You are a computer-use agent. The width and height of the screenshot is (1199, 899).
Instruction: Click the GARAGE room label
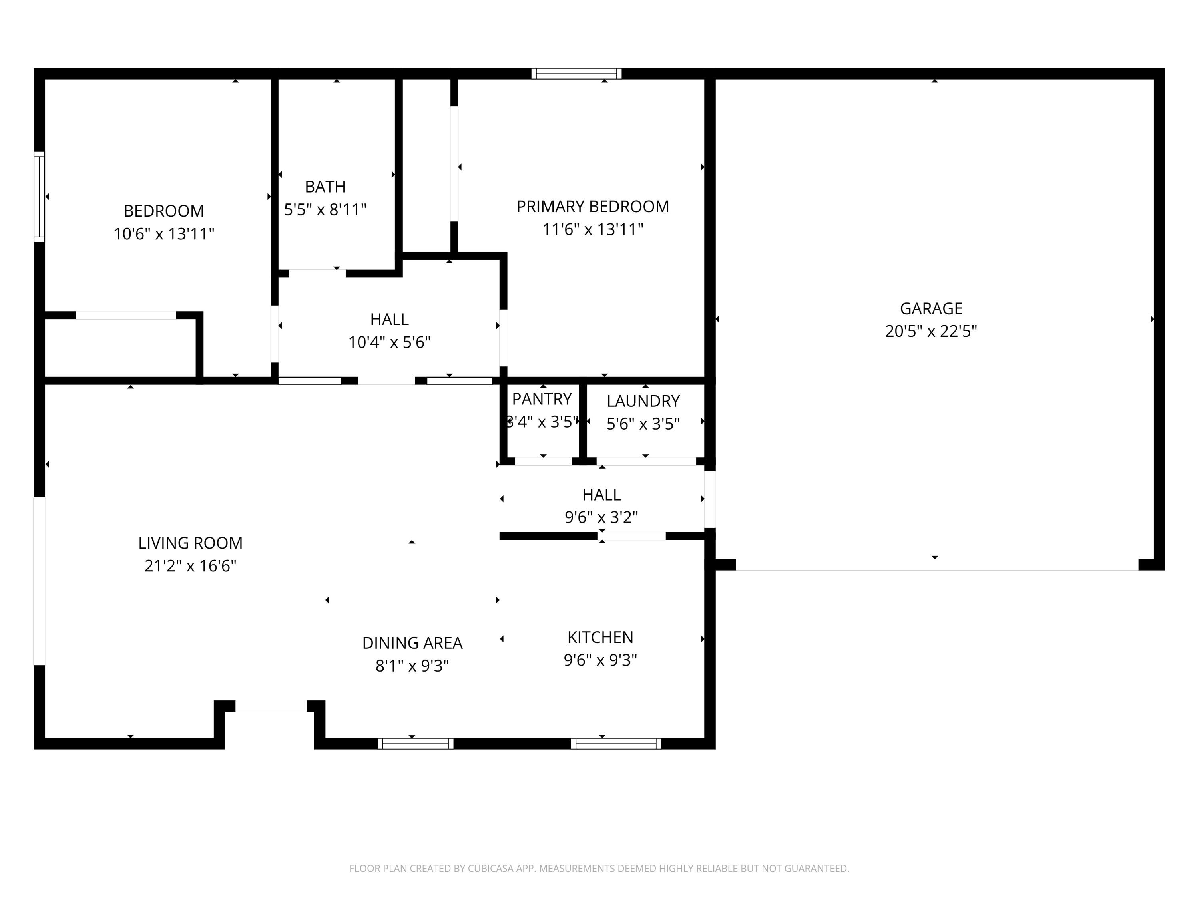click(931, 308)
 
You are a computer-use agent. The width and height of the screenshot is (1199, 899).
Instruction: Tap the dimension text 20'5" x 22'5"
click(931, 331)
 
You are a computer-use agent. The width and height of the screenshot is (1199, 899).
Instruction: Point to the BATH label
click(325, 187)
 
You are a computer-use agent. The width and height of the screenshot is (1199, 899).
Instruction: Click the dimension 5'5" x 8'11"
click(325, 209)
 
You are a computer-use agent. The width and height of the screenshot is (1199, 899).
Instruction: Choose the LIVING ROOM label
click(190, 543)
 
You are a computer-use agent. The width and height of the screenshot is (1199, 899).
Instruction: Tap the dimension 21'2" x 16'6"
click(190, 566)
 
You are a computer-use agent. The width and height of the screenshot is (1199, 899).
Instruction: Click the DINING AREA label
click(412, 643)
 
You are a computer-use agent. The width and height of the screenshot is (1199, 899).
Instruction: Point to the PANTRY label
click(542, 399)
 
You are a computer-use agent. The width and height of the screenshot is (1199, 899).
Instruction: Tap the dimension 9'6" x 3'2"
click(601, 517)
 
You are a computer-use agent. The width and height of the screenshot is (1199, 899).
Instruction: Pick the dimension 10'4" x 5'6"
click(389, 342)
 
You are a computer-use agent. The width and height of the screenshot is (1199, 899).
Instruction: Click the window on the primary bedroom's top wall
click(576, 74)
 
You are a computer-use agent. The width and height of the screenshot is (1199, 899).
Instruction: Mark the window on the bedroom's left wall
click(40, 197)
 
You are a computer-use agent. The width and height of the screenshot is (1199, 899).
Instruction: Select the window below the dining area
click(415, 744)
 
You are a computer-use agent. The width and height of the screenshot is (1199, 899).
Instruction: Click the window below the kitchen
click(616, 744)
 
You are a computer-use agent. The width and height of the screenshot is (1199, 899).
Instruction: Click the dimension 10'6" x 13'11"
click(164, 234)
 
